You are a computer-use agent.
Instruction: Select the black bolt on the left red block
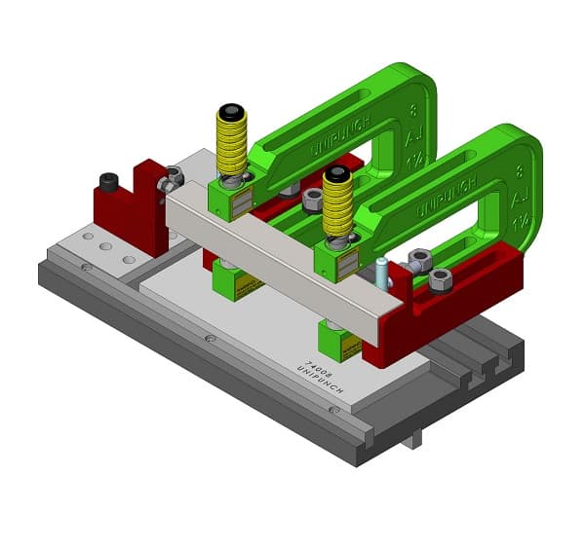click(x=109, y=181)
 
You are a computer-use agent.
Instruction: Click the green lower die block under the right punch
click(x=339, y=342)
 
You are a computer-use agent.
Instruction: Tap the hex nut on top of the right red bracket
click(x=441, y=279)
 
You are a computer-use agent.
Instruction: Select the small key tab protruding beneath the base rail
click(x=413, y=439)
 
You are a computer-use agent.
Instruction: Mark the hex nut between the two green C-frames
click(x=313, y=201)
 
